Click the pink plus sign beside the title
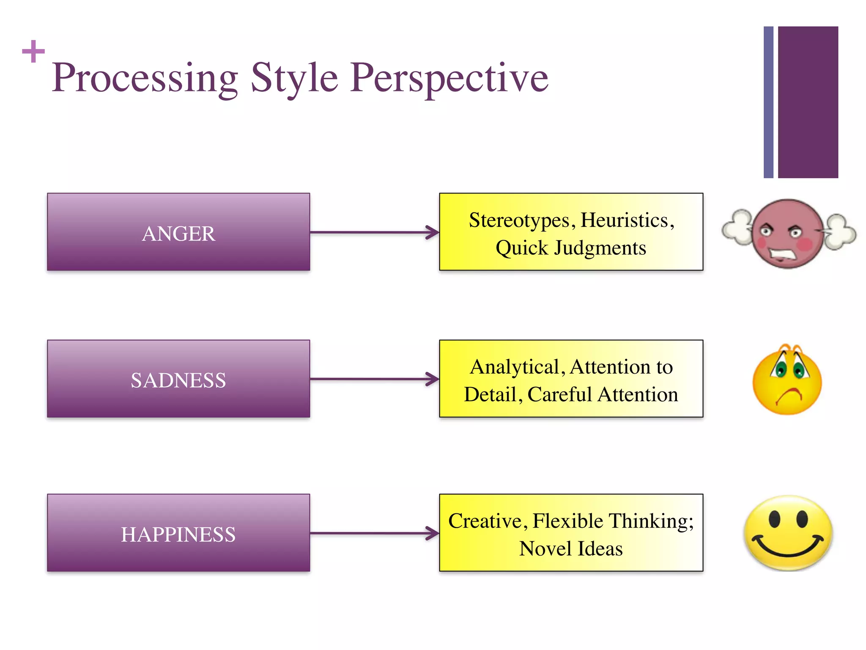tap(33, 51)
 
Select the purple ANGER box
tap(178, 232)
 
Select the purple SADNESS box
tap(178, 379)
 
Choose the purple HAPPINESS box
tap(178, 533)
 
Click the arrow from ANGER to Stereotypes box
tap(374, 232)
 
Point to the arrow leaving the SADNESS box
tap(374, 379)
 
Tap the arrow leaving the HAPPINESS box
tap(374, 533)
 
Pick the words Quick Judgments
tap(571, 248)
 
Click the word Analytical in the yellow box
tap(515, 367)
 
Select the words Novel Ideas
tap(571, 549)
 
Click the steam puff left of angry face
tap(737, 227)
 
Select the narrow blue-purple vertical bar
tap(768, 102)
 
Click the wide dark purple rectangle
tap(808, 102)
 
